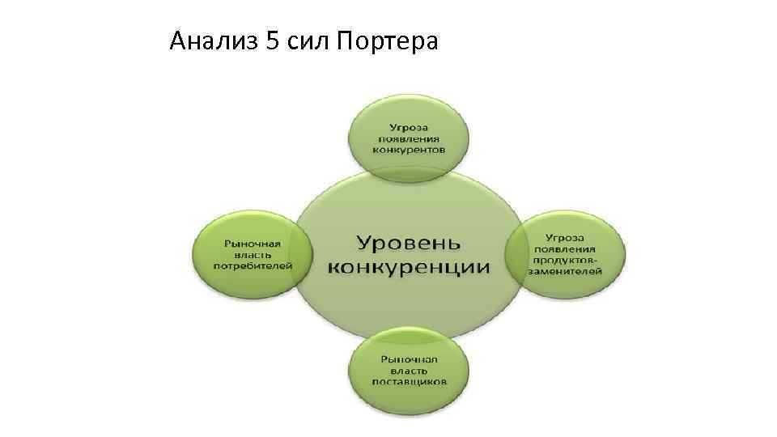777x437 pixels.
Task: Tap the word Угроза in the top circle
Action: pyautogui.click(x=408, y=127)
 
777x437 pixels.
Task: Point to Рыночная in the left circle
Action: pyautogui.click(x=253, y=242)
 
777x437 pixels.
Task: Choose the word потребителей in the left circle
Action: pyautogui.click(x=253, y=265)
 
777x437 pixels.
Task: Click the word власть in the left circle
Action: pyautogui.click(x=253, y=253)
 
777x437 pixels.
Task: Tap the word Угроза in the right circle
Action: pyautogui.click(x=564, y=238)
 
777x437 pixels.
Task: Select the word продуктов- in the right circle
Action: pyautogui.click(x=564, y=261)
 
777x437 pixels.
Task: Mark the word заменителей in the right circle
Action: pyautogui.click(x=564, y=272)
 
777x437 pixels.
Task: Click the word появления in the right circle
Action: pyautogui.click(x=564, y=249)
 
